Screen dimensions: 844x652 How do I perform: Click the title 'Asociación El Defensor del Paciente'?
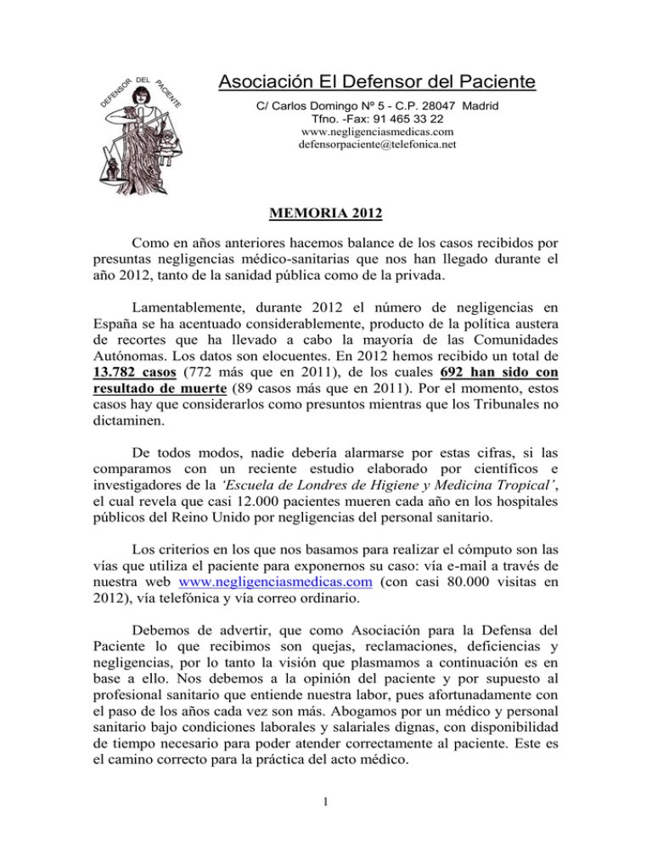tap(377, 82)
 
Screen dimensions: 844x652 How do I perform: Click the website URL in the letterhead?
tap(378, 132)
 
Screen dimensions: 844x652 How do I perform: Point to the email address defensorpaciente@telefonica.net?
tap(378, 144)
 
